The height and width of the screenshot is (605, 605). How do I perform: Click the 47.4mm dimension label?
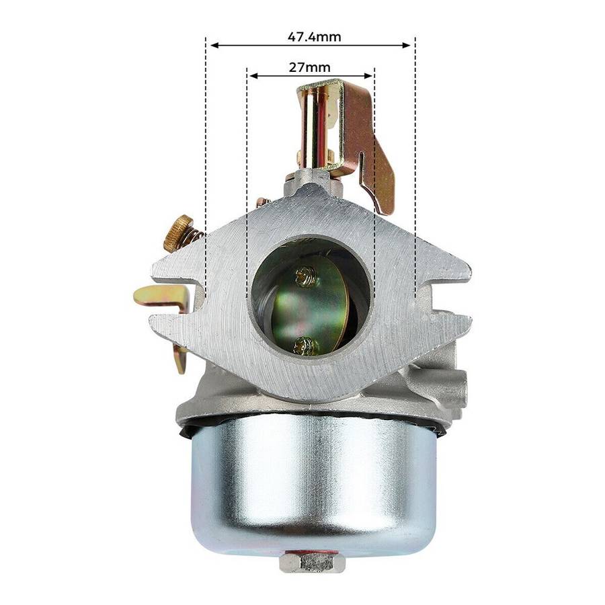pos(314,36)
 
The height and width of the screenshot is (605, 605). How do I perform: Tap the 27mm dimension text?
pos(311,68)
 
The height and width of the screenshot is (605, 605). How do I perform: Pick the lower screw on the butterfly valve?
pos(306,345)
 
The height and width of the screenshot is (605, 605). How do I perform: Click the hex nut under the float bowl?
pos(312,562)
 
